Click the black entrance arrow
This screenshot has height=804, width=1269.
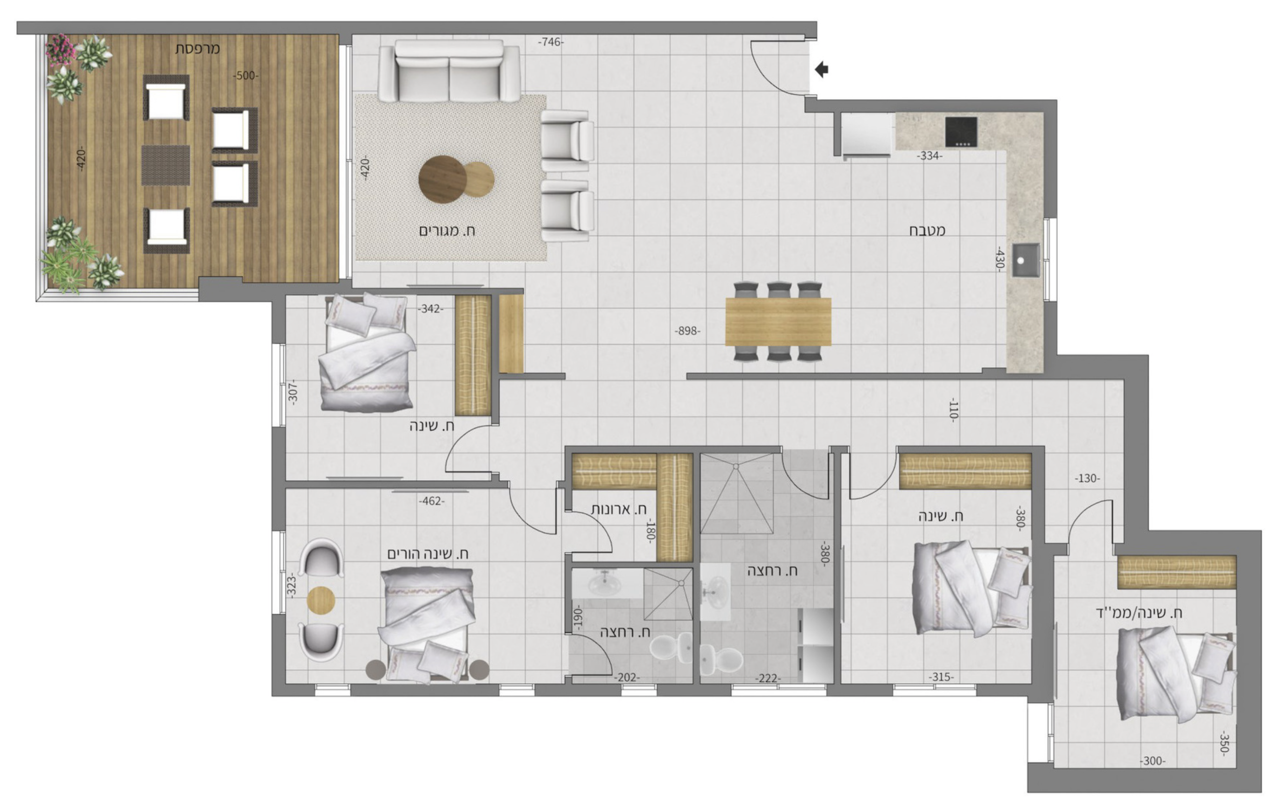point(822,70)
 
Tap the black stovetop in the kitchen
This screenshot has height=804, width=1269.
point(961,132)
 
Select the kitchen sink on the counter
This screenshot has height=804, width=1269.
point(1024,261)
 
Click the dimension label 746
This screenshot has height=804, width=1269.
point(551,42)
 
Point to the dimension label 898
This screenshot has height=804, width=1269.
point(688,331)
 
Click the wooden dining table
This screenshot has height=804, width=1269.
point(779,322)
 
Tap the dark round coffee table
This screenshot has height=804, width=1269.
point(442,180)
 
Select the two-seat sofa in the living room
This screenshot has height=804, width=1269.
point(449,71)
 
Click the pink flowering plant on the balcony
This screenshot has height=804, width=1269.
point(60,50)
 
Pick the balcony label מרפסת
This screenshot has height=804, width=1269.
point(198,48)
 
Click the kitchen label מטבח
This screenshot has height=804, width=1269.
point(927,230)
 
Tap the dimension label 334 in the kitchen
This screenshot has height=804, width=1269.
point(930,156)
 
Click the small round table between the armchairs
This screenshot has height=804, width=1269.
point(321,600)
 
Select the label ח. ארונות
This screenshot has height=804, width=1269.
point(619,509)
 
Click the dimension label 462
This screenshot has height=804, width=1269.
point(432,501)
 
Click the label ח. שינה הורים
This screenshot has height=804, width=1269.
point(428,554)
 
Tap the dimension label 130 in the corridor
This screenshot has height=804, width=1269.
point(1087,478)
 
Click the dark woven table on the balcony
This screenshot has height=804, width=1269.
point(165,165)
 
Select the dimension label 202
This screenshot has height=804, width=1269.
point(627,677)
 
